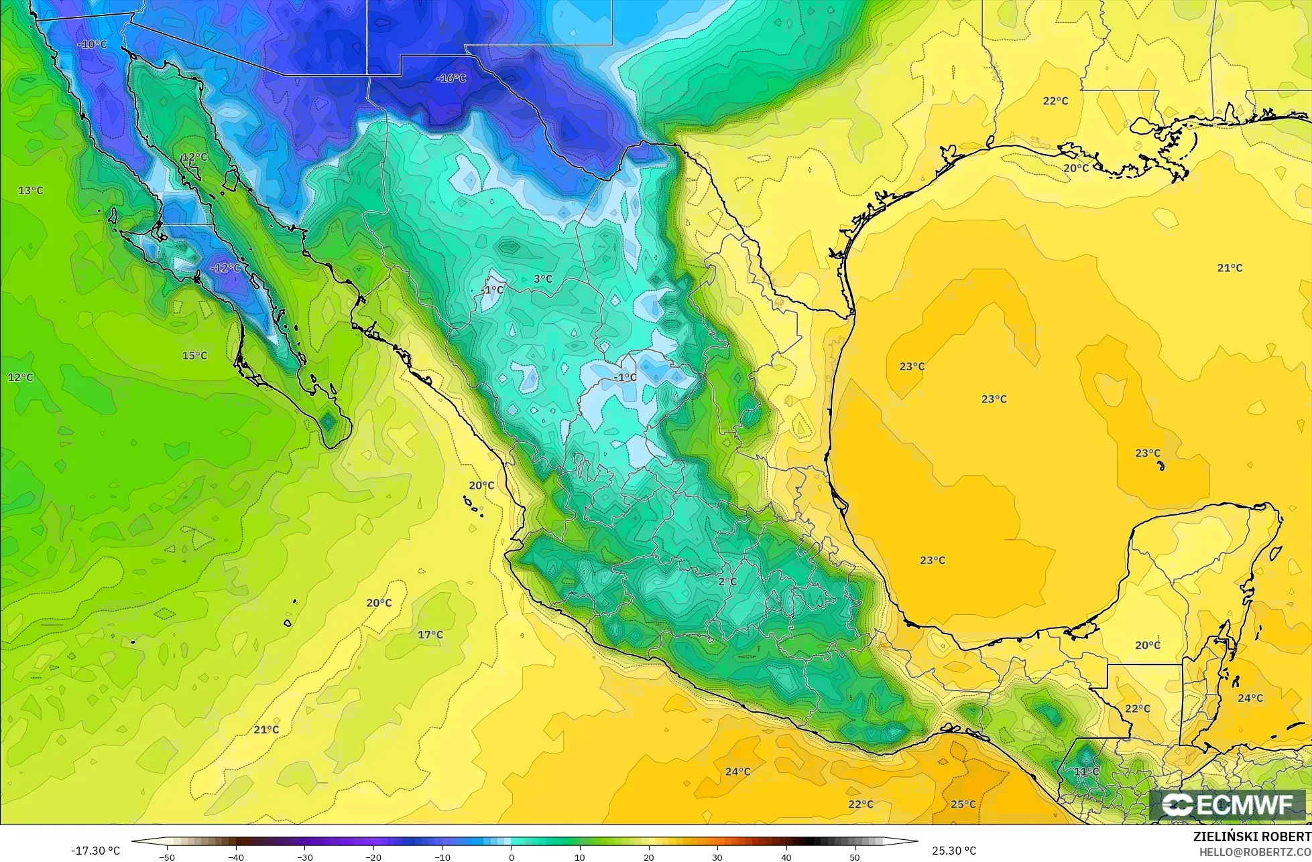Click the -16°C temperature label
point(451,78)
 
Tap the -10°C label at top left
point(92,44)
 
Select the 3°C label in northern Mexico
point(543,279)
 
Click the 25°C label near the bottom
point(963,804)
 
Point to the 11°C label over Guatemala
point(1087,772)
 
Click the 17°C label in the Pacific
point(430,634)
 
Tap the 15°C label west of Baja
point(194,355)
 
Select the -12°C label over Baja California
point(225,268)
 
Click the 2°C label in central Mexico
point(727,581)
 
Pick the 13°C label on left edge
point(30,190)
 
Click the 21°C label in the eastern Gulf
point(1230,268)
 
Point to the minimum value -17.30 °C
point(95,851)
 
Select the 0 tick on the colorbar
point(511,857)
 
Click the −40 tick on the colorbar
point(236,857)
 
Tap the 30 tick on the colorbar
point(717,857)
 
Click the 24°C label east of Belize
point(1250,698)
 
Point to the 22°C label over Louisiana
point(1055,100)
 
